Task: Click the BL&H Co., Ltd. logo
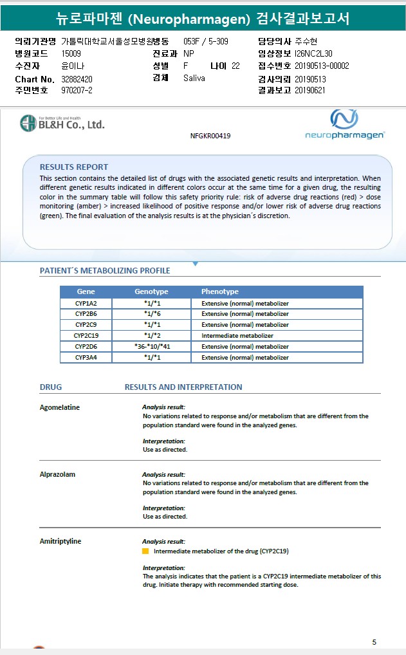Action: point(62,124)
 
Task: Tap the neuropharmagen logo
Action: point(344,124)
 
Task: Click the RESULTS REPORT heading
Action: point(74,167)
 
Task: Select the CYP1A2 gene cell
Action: point(86,303)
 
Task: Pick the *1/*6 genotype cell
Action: point(152,314)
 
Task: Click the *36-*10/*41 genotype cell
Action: point(152,347)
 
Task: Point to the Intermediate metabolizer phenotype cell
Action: point(237,336)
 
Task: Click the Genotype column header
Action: point(152,291)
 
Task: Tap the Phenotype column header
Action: point(219,291)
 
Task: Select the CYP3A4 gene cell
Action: point(86,358)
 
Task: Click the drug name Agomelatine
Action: point(60,407)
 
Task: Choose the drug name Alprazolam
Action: point(57,474)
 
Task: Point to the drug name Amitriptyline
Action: point(60,541)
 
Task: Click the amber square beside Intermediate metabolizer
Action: point(145,551)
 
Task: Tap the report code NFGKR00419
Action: point(210,136)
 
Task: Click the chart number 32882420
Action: point(77,78)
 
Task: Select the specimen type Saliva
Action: point(194,78)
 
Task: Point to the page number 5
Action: point(374,642)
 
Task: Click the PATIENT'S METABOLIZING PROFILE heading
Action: point(105,271)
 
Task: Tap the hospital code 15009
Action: point(71,53)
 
